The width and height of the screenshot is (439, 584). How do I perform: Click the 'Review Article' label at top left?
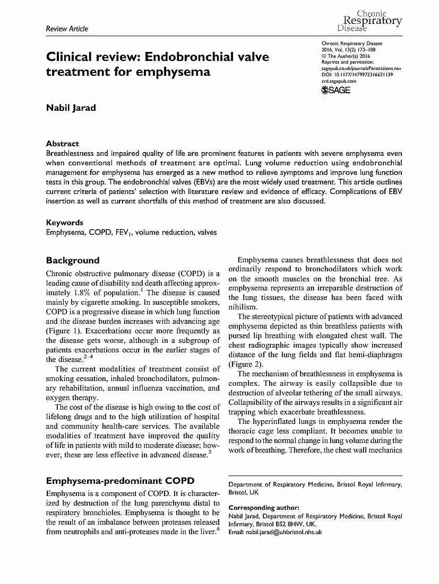[67, 29]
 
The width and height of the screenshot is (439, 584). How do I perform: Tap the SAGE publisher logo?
[336, 91]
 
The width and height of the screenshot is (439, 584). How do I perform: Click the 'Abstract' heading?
[63, 144]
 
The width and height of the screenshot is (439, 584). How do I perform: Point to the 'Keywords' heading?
[65, 223]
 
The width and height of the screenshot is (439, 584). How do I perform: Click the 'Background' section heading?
[73, 260]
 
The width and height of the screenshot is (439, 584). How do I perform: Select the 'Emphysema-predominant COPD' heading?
[120, 481]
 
